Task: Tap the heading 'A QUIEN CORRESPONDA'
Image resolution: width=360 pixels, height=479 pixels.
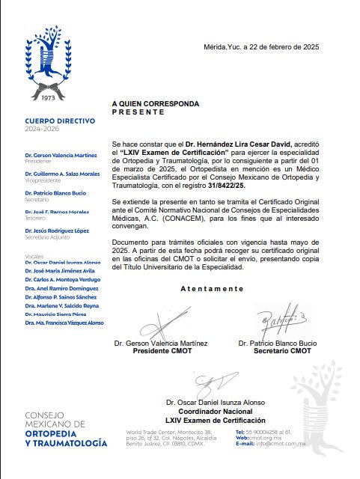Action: click(x=155, y=103)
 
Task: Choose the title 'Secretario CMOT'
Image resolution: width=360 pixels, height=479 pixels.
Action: click(x=282, y=350)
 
